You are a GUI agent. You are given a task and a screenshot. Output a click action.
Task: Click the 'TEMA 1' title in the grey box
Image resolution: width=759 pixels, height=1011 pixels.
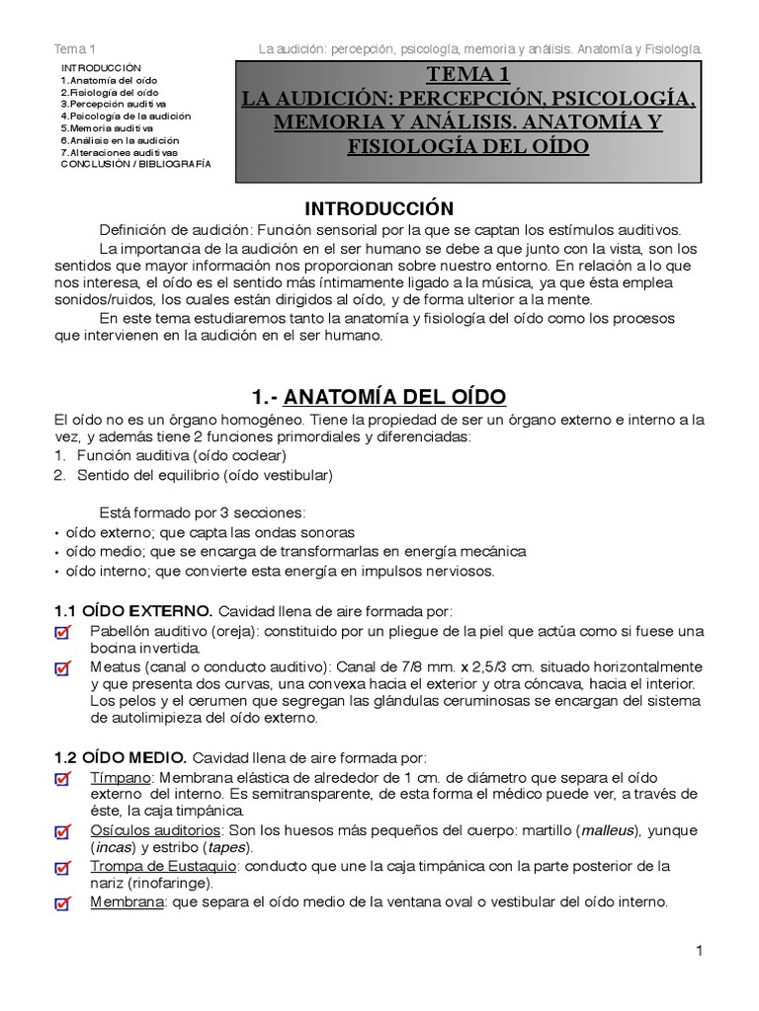(468, 75)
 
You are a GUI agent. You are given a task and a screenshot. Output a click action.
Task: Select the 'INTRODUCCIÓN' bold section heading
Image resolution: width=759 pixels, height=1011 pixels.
(379, 208)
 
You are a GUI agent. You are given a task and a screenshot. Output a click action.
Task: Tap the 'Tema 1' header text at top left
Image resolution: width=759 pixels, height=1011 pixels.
(74, 48)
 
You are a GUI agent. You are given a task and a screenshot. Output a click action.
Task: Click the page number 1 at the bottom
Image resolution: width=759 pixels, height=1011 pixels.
(698, 951)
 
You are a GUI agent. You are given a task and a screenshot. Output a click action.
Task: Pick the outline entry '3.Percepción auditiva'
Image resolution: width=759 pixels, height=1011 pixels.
(114, 104)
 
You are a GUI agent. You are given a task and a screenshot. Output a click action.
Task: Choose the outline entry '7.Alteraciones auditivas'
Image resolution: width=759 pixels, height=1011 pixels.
(120, 152)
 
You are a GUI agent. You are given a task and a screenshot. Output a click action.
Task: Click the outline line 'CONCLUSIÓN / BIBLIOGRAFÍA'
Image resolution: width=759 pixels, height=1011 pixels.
(136, 164)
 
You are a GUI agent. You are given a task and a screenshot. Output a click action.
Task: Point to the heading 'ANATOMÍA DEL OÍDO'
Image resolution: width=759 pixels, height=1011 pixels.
(395, 397)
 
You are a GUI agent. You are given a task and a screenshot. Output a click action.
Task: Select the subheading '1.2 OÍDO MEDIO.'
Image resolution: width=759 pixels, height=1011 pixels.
(121, 757)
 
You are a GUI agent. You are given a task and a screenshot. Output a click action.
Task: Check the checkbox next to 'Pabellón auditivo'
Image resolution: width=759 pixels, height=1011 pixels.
(63, 632)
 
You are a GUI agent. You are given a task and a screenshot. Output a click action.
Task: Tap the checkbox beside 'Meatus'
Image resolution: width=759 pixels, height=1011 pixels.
(63, 668)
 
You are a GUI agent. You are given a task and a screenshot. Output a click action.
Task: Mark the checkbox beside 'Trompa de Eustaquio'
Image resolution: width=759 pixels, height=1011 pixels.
(63, 868)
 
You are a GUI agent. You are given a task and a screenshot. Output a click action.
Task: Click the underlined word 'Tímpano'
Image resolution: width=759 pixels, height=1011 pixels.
(118, 777)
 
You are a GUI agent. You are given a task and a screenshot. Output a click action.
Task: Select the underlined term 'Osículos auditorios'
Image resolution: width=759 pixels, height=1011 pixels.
(156, 830)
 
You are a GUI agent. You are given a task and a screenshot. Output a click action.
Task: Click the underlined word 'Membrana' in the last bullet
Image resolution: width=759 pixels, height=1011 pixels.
(126, 901)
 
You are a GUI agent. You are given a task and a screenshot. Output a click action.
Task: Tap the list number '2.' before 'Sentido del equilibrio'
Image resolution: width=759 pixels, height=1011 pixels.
(59, 475)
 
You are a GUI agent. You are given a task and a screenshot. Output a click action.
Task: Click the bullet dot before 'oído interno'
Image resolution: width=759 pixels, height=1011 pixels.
(56, 572)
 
